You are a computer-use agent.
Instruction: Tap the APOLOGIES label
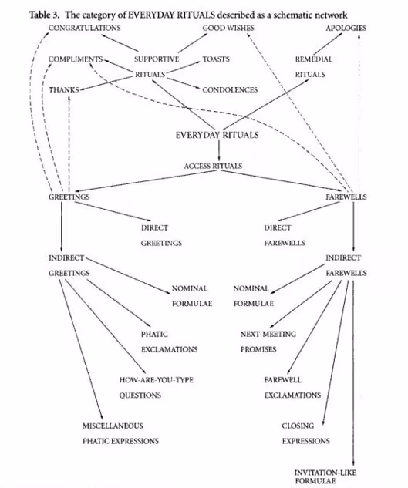pos(346,28)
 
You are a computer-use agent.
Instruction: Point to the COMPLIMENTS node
pos(75,59)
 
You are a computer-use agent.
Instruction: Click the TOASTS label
pos(216,59)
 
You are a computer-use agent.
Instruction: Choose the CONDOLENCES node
pos(230,89)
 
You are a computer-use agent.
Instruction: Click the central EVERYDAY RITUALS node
pos(217,136)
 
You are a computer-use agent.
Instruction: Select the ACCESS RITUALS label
pos(213,166)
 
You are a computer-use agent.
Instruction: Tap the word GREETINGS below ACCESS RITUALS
pos(69,197)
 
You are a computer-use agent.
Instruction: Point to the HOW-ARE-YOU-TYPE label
pos(150,380)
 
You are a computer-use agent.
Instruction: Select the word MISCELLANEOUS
pos(113,426)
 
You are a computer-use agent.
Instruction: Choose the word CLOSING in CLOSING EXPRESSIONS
pos(296,426)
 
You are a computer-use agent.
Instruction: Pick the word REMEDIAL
pos(311,59)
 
